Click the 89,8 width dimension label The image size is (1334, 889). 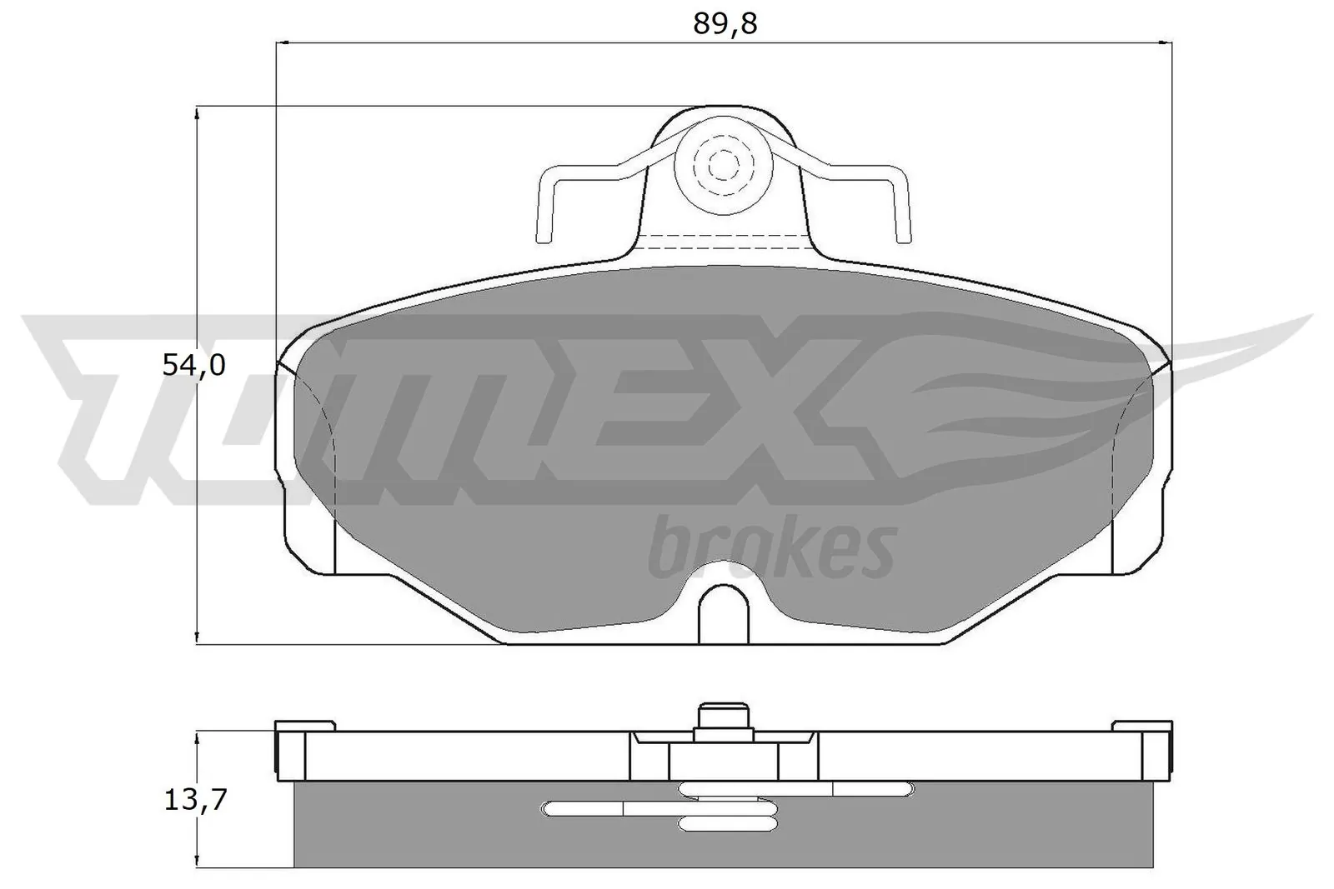coord(724,24)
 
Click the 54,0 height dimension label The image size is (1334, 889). coord(193,365)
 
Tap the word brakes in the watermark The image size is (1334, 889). coord(771,548)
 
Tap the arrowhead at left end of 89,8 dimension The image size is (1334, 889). coord(283,42)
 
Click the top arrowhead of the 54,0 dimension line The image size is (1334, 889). coord(197,113)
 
